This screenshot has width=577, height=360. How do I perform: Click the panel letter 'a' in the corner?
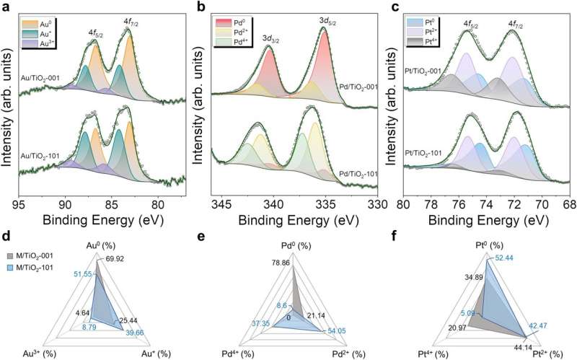(x=5, y=7)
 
